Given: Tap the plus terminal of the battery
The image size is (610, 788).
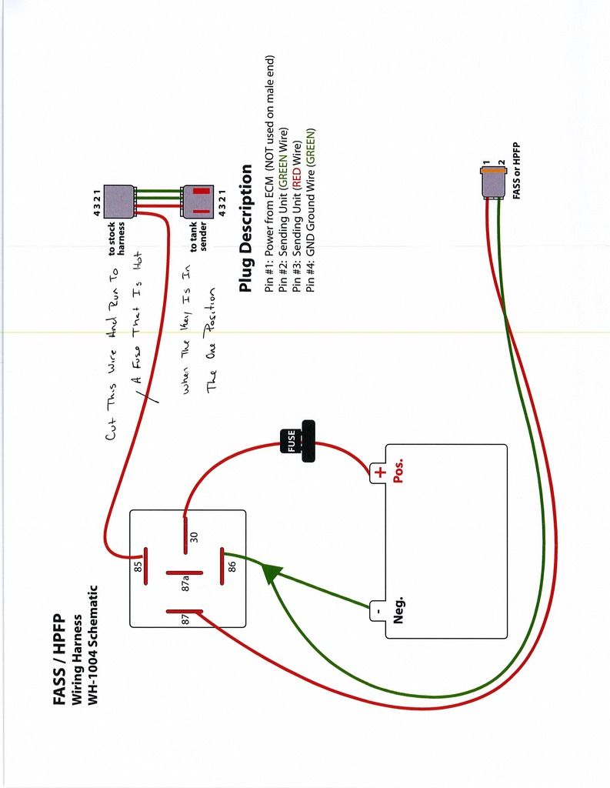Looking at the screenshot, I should (378, 472).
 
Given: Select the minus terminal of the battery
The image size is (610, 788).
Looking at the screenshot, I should (378, 611).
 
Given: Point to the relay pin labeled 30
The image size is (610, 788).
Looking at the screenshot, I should (185, 536).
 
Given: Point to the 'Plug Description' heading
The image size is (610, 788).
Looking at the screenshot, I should (246, 229).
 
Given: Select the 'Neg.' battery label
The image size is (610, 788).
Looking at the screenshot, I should (398, 609).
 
